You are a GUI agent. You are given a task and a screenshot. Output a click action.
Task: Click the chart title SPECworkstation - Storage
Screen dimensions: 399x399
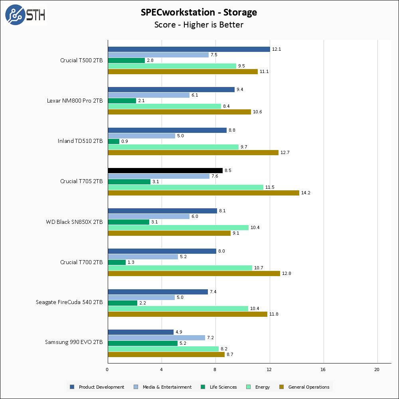199,12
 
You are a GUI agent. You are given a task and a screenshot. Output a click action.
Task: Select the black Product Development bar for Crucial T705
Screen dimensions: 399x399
165,170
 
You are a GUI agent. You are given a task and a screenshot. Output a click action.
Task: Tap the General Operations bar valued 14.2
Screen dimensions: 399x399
203,193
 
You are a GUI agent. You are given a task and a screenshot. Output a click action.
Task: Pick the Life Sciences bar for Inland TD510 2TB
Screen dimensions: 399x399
114,141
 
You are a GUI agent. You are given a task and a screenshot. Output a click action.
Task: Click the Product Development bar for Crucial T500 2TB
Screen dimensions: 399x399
189,49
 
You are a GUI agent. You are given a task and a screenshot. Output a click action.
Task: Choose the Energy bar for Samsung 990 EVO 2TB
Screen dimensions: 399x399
163,349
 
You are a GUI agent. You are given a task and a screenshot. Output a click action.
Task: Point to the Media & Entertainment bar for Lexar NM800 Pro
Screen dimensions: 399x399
148,95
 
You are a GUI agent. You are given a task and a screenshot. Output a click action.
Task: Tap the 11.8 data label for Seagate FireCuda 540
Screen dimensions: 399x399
274,314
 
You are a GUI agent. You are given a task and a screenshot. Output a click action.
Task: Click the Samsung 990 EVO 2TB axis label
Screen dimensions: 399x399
74,342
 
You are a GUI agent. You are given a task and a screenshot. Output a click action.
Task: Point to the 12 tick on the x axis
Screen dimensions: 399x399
269,370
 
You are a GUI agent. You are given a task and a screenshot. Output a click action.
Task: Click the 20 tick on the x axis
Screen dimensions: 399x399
377,370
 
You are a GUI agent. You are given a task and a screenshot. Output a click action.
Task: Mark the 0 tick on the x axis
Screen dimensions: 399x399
108,370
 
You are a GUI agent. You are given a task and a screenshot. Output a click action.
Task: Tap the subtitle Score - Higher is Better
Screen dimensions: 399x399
199,25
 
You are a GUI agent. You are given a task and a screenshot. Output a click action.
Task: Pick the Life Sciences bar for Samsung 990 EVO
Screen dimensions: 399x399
142,343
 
